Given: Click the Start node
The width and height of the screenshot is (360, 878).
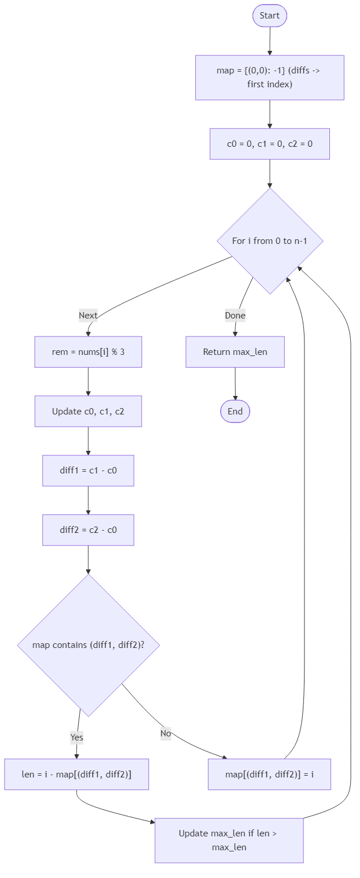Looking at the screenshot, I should pos(269,16).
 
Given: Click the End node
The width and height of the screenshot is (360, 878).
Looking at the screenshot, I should pos(235,412).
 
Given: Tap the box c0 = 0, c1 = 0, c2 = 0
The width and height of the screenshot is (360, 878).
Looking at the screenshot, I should pos(269,144).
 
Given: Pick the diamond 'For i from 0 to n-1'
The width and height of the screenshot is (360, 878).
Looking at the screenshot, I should pos(269,240).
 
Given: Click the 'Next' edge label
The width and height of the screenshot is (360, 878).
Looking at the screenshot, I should pos(88,316).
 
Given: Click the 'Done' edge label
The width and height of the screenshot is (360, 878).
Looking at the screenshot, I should pos(235,316).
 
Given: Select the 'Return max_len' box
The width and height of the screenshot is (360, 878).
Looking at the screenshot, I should pos(235,352).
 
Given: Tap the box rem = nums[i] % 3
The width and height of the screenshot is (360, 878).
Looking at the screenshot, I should pos(88,352).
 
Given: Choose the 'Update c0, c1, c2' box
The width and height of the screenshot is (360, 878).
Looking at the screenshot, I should pos(88,412).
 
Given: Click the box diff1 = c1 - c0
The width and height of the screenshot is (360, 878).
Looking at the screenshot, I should pos(88,471).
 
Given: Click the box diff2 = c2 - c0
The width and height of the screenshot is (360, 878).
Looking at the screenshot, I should pos(88,530).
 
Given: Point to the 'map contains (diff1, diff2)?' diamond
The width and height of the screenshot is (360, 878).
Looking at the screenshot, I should pos(88,645).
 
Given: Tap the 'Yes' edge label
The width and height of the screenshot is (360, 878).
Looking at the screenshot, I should pos(76,738).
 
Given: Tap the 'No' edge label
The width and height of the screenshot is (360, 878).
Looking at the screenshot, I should pos(166,733).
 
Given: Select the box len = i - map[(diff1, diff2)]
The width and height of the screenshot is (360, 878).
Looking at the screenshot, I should pos(76,774).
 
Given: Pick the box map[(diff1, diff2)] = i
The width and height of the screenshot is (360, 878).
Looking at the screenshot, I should pos(269,774).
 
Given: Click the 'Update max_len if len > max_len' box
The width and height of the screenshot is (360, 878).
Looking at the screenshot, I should pos(229,840).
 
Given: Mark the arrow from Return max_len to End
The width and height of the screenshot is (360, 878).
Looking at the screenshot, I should pos(235,383).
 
